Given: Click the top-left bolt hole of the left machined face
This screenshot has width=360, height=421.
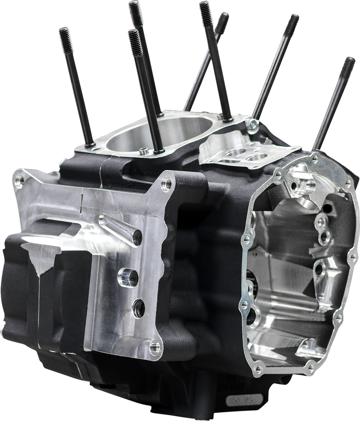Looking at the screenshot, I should click(19, 180).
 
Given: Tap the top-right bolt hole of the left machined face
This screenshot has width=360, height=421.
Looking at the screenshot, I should click(166, 184).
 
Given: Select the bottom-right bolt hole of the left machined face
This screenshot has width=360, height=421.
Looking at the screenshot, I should click(155, 347).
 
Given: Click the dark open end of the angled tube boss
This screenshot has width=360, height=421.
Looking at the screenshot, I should click(137, 237).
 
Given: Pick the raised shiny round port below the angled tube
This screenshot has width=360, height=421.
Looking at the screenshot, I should click(128, 278).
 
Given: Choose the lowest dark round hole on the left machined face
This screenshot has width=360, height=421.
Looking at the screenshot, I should click(138, 308).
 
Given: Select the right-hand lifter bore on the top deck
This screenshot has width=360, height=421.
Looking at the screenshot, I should click(257, 157).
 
